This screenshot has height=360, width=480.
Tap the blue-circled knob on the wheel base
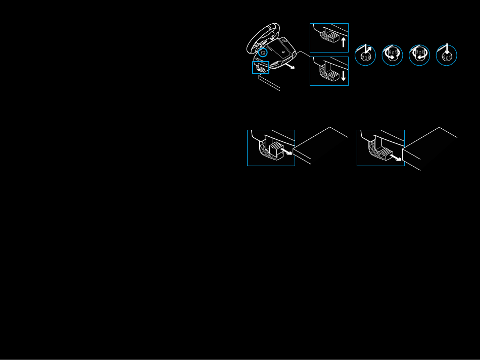click(263, 53)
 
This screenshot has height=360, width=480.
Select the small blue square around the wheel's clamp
click(261, 67)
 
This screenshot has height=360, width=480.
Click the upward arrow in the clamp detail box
click(344, 42)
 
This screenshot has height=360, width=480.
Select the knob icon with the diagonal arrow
click(365, 55)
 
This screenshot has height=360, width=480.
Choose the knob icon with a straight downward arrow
click(446, 55)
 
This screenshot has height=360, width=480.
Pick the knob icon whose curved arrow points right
click(392, 55)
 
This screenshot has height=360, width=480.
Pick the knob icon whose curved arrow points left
click(419, 55)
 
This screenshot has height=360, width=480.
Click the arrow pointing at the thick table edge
click(399, 159)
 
